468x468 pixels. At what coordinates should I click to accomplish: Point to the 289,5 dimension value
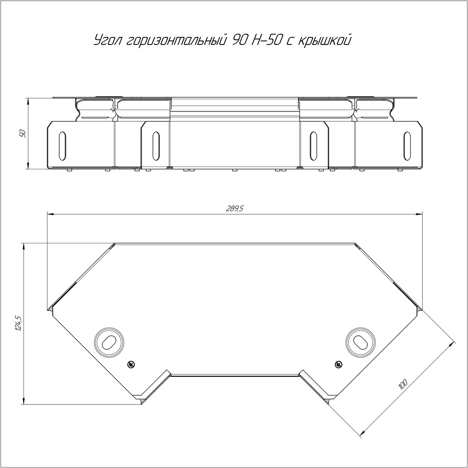coord(234,209)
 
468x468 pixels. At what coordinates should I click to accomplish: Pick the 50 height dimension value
coord(23,134)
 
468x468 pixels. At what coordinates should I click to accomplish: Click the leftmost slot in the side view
coord(62,146)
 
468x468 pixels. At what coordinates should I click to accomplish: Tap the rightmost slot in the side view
coord(407,146)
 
